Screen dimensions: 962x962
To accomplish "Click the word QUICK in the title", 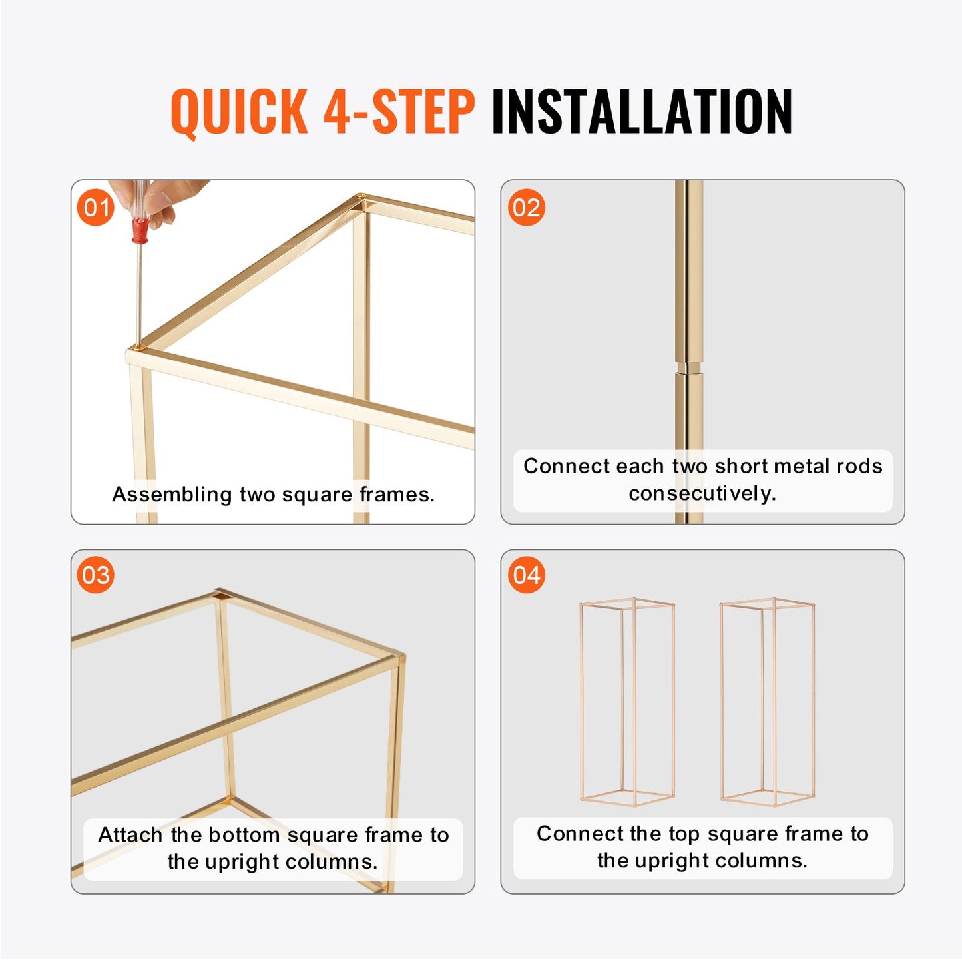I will coord(238,112).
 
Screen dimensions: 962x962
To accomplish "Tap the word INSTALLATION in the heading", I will coord(641,112).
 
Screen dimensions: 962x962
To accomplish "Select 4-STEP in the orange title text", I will coord(399,112).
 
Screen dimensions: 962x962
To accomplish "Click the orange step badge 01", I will coord(96,208).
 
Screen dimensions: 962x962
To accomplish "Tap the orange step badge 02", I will coord(526,208).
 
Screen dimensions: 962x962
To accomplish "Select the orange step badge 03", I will coord(96,575).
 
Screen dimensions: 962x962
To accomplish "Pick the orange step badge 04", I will coord(526,575).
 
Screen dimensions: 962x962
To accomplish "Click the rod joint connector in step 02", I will coord(689,368).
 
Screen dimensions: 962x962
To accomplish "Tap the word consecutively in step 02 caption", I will coord(702,493).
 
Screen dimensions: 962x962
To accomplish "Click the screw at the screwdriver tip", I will coord(139,346).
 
